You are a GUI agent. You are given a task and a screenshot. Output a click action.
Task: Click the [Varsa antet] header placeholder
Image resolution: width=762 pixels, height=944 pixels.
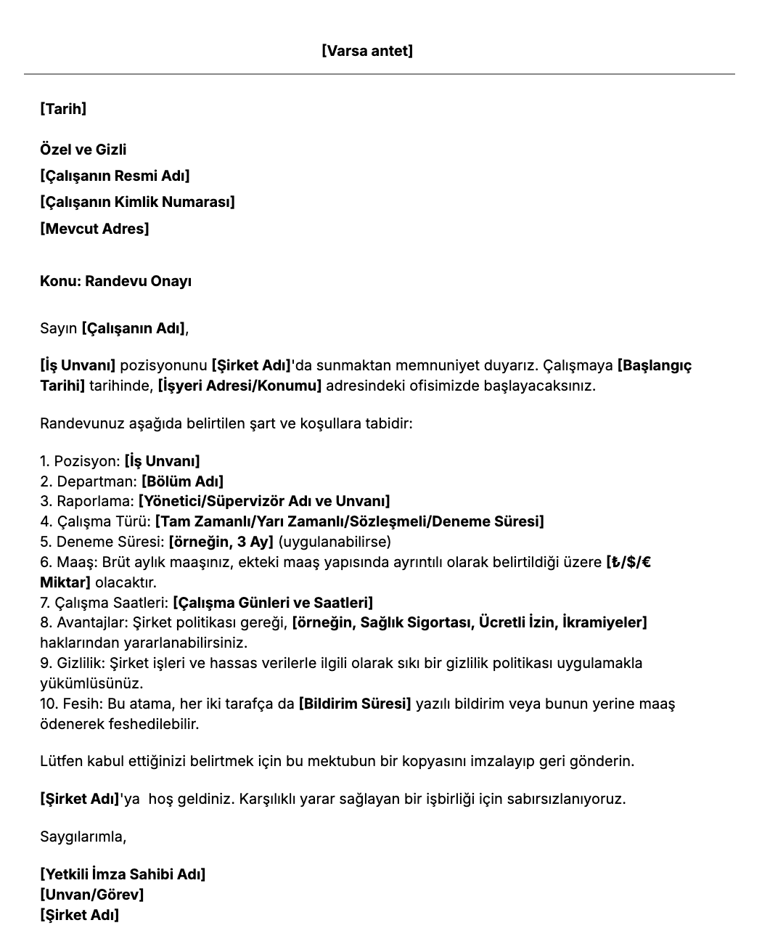click(366, 51)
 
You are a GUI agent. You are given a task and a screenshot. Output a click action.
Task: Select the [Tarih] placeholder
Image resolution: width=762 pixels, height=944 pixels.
click(63, 109)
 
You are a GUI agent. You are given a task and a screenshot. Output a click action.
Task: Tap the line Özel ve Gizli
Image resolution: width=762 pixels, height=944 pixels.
click(83, 150)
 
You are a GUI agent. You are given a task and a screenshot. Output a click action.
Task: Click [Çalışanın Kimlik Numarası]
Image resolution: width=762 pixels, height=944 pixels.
click(137, 202)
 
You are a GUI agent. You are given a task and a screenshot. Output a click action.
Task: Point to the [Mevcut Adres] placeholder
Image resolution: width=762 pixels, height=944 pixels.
click(94, 229)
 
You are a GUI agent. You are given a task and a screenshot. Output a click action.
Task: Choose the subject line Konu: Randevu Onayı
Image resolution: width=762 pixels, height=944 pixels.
click(115, 281)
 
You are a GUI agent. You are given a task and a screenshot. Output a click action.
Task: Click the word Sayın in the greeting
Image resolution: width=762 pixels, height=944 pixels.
click(58, 328)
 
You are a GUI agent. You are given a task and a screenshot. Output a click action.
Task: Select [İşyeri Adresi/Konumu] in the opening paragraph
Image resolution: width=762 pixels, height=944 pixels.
click(239, 385)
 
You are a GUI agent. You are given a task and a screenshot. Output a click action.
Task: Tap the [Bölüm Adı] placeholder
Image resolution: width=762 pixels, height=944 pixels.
click(182, 481)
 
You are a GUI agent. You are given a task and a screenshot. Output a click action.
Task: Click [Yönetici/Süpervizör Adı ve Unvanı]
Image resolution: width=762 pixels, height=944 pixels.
click(264, 501)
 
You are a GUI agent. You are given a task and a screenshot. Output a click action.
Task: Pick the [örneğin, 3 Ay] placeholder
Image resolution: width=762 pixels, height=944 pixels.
click(221, 542)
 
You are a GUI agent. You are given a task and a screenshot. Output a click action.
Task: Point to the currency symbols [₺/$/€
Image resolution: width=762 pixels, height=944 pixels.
click(628, 562)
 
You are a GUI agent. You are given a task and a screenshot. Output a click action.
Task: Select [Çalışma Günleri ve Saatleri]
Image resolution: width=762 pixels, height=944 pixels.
click(273, 603)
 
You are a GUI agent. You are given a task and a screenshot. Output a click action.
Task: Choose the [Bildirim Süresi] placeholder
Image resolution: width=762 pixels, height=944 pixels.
click(355, 704)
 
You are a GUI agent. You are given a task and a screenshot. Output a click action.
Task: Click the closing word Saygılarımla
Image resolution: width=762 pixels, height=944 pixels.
click(83, 837)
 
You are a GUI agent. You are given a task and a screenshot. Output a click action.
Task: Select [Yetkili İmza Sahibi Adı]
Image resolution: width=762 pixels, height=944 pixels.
click(123, 874)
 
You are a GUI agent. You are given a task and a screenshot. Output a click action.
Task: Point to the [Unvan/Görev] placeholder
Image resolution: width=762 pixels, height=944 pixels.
click(91, 895)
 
